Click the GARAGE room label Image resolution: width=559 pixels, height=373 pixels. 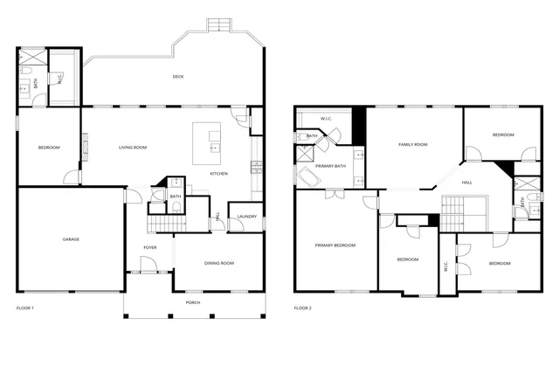(x=71, y=239)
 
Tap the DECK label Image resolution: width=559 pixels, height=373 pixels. (x=178, y=77)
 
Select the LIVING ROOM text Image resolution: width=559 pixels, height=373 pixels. (x=133, y=148)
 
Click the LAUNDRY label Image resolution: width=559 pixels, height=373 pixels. (x=246, y=217)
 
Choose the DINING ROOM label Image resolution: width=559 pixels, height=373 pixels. (x=218, y=263)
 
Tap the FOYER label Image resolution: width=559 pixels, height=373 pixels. (x=150, y=248)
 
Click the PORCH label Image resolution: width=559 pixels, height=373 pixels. (x=192, y=302)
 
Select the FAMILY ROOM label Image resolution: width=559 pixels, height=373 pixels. (x=412, y=144)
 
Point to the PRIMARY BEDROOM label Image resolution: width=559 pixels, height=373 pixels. (x=335, y=245)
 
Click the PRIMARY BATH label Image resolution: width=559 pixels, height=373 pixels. (x=331, y=166)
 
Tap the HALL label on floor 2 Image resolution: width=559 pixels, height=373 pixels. (x=466, y=182)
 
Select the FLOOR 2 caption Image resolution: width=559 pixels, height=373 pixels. (x=302, y=308)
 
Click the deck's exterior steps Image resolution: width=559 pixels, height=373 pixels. (x=218, y=24)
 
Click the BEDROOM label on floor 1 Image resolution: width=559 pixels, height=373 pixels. (x=49, y=148)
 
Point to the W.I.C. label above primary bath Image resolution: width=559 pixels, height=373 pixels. (x=326, y=118)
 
